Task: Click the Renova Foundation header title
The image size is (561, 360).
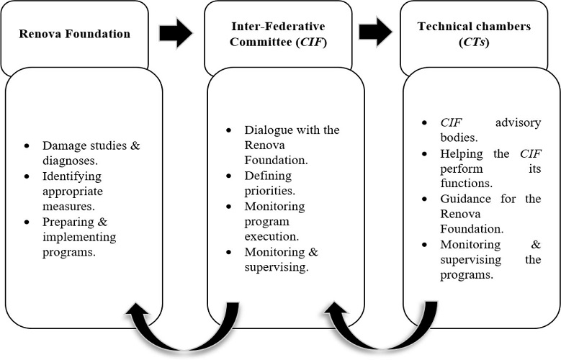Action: point(74,33)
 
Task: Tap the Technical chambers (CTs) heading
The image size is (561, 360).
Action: point(473,33)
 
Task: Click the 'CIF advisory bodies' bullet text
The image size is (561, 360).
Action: point(490,130)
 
